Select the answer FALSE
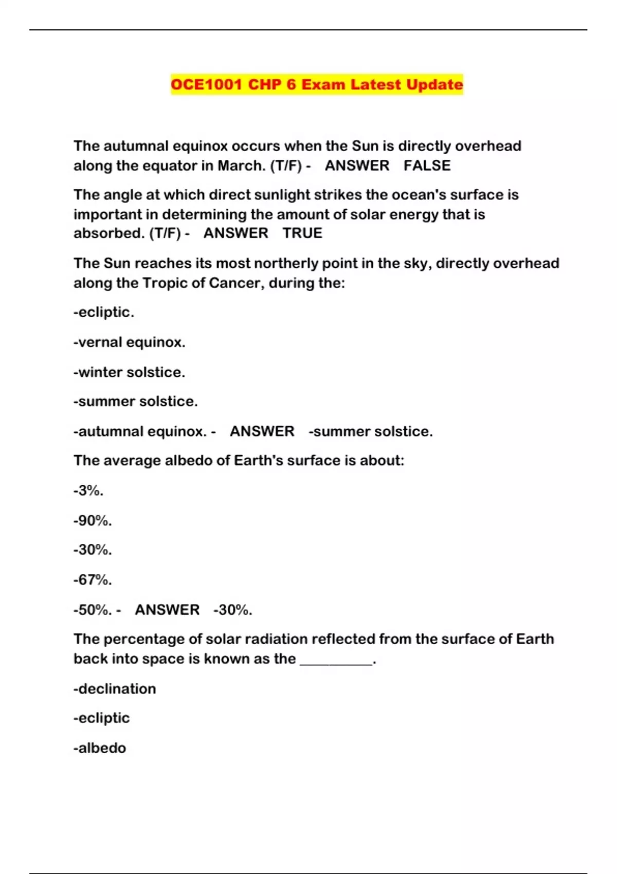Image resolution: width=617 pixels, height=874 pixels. pyautogui.click(x=427, y=166)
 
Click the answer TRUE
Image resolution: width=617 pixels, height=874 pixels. pyautogui.click(x=302, y=233)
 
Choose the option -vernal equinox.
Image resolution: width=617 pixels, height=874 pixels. pyautogui.click(x=129, y=342)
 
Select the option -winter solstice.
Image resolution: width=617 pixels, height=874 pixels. pyautogui.click(x=129, y=372)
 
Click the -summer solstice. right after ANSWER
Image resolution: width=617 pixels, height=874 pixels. pyautogui.click(x=370, y=431)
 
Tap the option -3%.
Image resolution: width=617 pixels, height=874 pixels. pyautogui.click(x=88, y=490)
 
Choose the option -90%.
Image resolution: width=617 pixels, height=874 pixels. pyautogui.click(x=93, y=520)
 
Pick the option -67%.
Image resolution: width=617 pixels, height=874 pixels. pyautogui.click(x=93, y=579)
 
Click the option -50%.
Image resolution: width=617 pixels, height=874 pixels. pyautogui.click(x=93, y=610)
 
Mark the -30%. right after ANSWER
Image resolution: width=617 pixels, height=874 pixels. pyautogui.click(x=232, y=610)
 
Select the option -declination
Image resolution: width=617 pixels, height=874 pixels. pyautogui.click(x=115, y=688)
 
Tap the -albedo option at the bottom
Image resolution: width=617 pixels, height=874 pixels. pyautogui.click(x=100, y=748)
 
